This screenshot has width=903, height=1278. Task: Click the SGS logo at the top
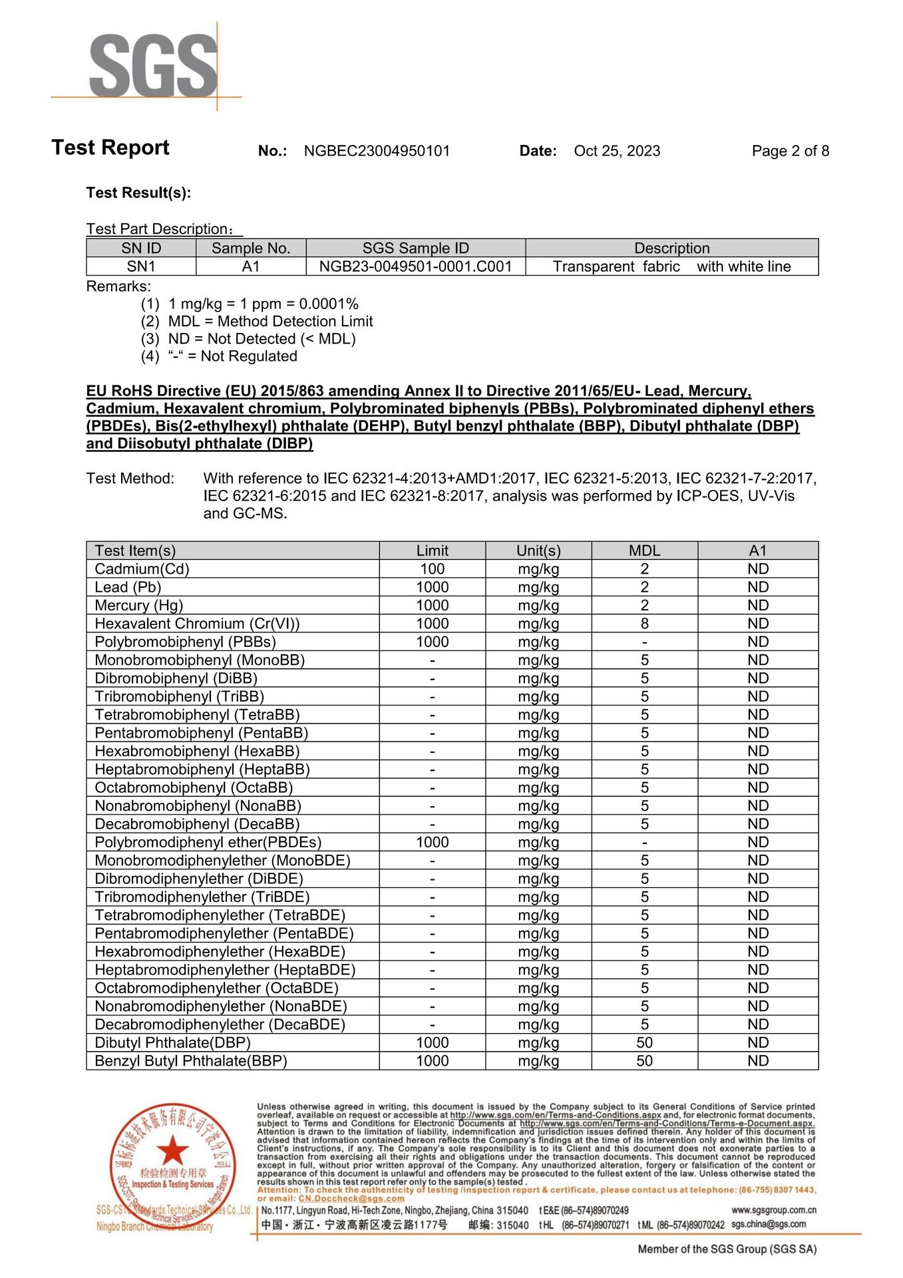click(x=153, y=67)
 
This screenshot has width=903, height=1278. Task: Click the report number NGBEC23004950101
click(x=377, y=151)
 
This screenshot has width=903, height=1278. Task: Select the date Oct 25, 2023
click(x=617, y=151)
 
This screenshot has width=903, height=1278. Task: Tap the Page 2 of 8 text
click(x=790, y=151)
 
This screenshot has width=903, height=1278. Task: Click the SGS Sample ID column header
click(x=415, y=248)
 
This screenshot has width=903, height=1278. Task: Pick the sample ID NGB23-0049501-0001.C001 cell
click(x=415, y=267)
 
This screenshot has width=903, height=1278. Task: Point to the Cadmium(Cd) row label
click(x=142, y=569)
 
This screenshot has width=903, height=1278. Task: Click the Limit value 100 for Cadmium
click(x=432, y=569)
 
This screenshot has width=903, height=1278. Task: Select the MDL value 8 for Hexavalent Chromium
click(x=644, y=624)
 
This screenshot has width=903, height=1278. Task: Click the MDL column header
click(x=644, y=550)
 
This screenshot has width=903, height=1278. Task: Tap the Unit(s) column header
click(x=538, y=550)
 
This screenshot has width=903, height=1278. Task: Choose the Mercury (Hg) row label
click(x=138, y=606)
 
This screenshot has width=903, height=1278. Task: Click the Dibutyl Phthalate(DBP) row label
click(x=172, y=1043)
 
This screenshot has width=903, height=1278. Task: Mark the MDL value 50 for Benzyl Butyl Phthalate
click(x=644, y=1061)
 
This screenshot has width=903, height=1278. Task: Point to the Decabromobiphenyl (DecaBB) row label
click(x=197, y=824)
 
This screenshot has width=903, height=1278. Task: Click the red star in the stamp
click(x=173, y=1150)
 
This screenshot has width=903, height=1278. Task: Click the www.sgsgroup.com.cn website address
click(x=773, y=1210)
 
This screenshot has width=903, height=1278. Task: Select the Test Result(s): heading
click(x=138, y=193)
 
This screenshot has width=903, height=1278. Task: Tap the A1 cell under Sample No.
click(x=251, y=267)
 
